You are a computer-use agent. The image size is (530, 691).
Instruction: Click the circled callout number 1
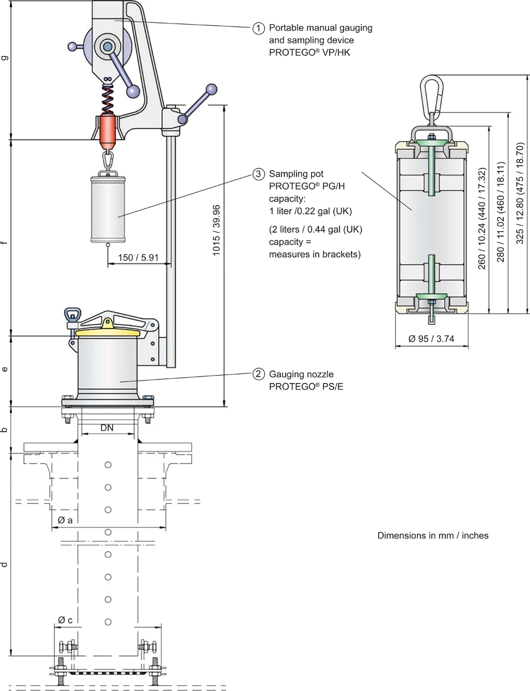point(258,28)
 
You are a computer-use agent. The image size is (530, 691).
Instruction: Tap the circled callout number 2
point(258,374)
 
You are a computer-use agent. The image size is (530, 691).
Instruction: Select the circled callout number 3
point(258,174)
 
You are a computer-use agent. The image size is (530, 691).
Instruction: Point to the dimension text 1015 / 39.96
point(216,230)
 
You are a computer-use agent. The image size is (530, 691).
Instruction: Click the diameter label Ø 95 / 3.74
point(431,339)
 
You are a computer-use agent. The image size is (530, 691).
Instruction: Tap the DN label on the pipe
point(107,428)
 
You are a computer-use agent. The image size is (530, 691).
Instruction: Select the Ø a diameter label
point(65,520)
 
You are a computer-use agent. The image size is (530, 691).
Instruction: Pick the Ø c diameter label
point(65,620)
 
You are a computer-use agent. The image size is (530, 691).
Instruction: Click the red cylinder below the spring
point(108,131)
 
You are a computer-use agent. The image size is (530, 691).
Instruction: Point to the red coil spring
point(108,98)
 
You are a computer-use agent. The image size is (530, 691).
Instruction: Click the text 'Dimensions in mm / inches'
point(433,536)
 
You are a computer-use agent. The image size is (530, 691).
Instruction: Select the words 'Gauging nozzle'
point(301,374)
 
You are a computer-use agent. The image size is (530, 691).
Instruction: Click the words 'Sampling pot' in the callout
point(296,174)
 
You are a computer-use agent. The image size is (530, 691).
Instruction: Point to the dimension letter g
point(5,57)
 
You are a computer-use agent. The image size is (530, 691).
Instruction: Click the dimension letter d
point(5,564)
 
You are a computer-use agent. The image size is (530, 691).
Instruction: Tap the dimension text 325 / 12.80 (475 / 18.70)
point(520,194)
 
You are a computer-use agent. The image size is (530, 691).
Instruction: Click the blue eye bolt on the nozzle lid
point(73,315)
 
